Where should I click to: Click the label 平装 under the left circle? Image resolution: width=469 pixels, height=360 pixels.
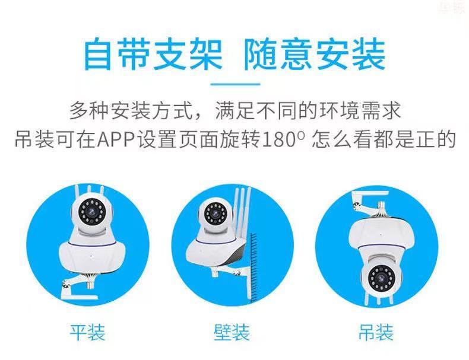tap(88, 332)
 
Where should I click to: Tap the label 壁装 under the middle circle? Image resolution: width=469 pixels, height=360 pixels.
tap(232, 332)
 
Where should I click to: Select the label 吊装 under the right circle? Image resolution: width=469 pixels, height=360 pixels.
tap(376, 332)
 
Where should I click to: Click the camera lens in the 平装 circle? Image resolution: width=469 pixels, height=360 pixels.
tap(92, 213)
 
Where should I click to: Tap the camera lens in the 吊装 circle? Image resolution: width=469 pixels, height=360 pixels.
tap(381, 278)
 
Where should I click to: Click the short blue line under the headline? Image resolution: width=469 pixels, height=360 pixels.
tap(235, 84)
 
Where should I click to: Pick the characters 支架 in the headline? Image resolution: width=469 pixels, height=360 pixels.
tap(188, 54)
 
